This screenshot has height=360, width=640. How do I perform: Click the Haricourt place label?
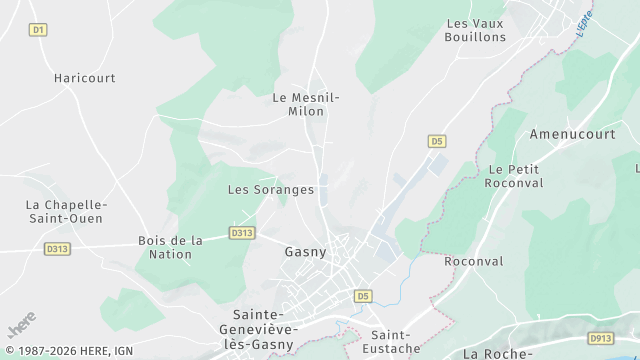[x=85, y=77]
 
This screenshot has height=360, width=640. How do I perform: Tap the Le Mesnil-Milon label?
[x=306, y=104]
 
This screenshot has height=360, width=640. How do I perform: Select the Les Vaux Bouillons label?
[x=475, y=30]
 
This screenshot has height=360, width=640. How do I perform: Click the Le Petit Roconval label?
[x=513, y=176]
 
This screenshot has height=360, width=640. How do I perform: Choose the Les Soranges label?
[x=271, y=189]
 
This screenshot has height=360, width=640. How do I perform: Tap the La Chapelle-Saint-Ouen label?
[x=66, y=211]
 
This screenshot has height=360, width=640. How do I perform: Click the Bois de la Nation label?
[x=170, y=247]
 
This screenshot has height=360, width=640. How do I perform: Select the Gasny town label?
[x=306, y=252]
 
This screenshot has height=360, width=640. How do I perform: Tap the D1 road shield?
[x=38, y=30]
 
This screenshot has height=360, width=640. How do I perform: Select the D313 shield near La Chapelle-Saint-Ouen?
[x=57, y=249]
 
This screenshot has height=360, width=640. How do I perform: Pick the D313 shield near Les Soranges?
[x=241, y=233]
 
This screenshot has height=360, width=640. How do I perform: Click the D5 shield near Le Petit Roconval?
[x=436, y=141]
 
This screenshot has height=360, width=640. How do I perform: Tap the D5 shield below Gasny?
[x=362, y=296]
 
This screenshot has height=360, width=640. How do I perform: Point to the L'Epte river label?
[x=584, y=23]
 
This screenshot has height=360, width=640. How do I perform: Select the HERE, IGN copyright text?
[x=69, y=351]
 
